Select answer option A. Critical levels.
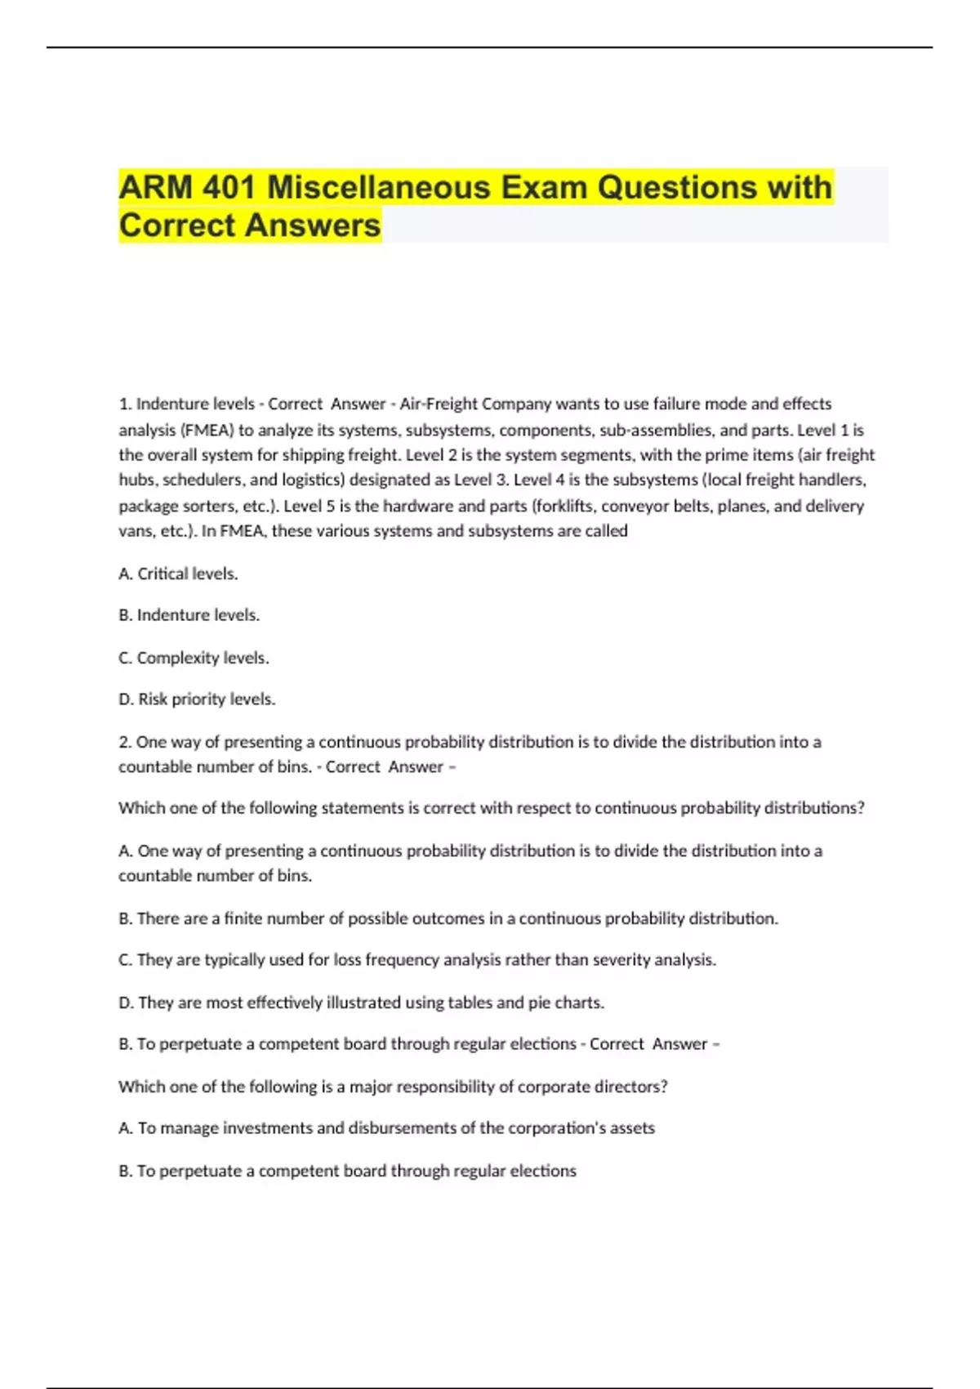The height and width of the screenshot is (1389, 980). coord(178,574)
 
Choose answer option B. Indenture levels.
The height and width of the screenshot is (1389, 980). coord(189,615)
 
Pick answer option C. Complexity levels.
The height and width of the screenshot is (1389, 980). coord(194,658)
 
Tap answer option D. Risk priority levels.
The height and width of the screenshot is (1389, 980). coord(197,699)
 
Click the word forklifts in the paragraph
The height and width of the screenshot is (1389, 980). coord(564,506)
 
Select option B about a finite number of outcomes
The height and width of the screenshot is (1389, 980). coord(448,918)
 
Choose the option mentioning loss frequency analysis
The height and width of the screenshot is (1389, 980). coord(416,960)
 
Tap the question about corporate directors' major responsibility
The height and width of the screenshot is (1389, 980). coord(393,1087)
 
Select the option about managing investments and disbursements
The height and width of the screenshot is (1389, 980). coord(386,1128)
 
